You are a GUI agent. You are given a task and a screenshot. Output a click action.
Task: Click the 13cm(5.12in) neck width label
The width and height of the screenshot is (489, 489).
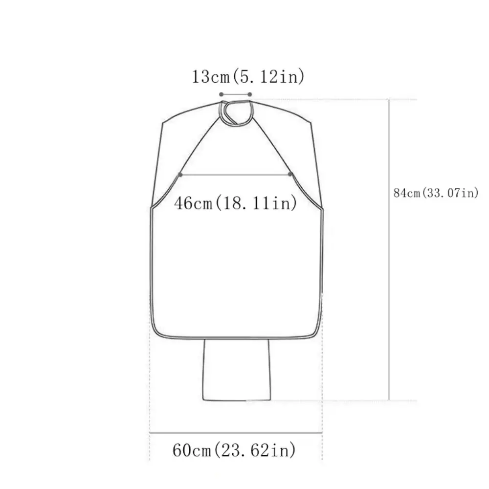click(248, 77)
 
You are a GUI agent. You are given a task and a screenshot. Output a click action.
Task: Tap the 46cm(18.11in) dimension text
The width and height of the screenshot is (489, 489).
click(236, 202)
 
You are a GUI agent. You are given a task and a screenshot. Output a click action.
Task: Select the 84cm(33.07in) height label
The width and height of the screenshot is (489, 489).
click(436, 193)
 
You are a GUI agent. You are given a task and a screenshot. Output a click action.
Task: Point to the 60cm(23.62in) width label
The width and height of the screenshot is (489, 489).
click(234, 449)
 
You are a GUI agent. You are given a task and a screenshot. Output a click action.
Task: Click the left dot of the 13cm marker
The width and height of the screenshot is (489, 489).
click(221, 94)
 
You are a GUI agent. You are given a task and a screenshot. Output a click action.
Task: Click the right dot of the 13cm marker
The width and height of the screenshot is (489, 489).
click(250, 94)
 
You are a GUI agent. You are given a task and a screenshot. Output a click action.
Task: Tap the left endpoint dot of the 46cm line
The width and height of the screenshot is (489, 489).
click(181, 174)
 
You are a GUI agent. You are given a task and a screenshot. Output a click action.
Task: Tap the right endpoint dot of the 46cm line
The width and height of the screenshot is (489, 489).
click(290, 174)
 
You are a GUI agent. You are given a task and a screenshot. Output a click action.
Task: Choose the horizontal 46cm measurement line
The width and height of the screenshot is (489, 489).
click(236, 174)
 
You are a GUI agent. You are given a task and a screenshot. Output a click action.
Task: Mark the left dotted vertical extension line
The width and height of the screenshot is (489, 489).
click(150, 391)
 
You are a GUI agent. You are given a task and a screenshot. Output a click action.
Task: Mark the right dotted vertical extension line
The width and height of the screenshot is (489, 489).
click(322, 391)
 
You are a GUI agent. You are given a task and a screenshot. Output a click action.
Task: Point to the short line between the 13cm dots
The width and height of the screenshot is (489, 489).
click(235, 94)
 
